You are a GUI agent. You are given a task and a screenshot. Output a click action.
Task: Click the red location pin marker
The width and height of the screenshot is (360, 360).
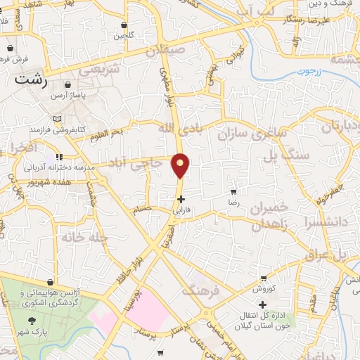tap(181, 166)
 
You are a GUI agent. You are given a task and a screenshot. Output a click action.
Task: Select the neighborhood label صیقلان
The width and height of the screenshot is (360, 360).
tap(167, 51)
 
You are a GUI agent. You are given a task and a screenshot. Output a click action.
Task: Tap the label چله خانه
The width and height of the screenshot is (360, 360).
tap(62, 238)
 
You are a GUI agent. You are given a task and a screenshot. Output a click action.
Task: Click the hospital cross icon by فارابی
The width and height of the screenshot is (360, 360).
tap(181, 199)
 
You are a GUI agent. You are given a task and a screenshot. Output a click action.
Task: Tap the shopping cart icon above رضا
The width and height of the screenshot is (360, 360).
tap(233, 191)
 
